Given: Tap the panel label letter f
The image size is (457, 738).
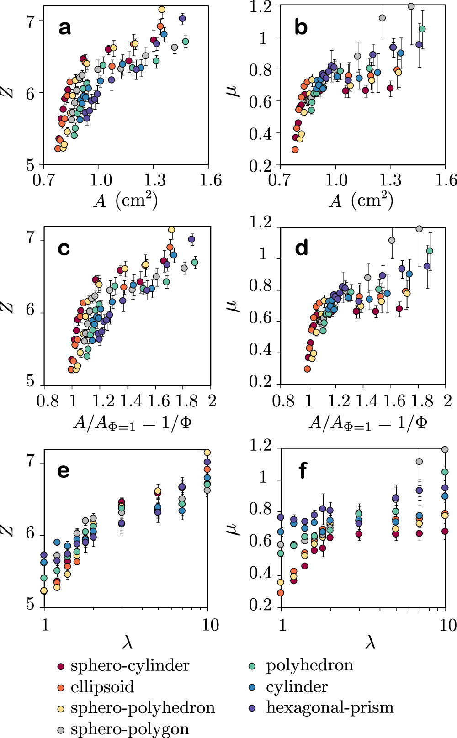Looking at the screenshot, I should [x=302, y=470].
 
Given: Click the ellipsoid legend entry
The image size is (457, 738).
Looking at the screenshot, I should [x=102, y=687].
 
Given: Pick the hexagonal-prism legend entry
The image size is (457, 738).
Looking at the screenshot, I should [x=329, y=707].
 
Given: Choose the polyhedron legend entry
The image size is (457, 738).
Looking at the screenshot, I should [x=309, y=666].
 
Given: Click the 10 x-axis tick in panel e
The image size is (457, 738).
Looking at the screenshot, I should [x=210, y=625].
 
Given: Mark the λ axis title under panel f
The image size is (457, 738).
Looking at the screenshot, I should [x=370, y=643].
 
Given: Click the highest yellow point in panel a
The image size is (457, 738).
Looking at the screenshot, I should [x=161, y=9].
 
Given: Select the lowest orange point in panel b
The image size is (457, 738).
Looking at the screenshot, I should [x=295, y=149].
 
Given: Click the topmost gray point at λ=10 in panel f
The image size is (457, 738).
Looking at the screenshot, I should [x=445, y=450].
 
